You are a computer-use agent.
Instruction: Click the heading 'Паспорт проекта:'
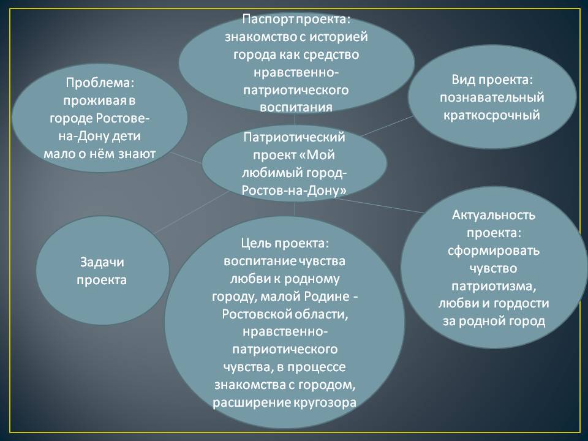tap(296, 19)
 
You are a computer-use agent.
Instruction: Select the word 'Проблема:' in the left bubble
tap(100, 83)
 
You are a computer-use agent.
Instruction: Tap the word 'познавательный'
tap(492, 97)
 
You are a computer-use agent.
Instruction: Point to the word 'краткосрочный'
tap(491, 115)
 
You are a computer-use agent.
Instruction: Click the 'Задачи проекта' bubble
tap(102, 270)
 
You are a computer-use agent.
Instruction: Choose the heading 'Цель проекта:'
tap(285, 243)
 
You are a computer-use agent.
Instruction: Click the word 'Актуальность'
tap(494, 215)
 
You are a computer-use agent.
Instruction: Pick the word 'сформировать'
tap(493, 250)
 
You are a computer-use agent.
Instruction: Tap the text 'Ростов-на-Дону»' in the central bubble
tap(294, 190)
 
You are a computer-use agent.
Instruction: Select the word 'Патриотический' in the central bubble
tap(294, 137)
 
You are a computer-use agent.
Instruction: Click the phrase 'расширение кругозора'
tap(284, 402)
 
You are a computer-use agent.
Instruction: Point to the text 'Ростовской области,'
tap(285, 314)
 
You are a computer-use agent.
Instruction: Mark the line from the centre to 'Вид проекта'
tap(386, 126)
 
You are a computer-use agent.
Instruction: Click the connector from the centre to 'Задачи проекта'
tap(191, 213)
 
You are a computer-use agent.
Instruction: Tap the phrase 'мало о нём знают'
tap(99, 154)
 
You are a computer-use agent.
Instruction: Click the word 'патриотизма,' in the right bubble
tap(494, 286)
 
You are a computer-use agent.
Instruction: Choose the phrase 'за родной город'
tap(494, 321)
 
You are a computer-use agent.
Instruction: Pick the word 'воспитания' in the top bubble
tap(296, 107)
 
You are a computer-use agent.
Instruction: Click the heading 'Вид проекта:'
tap(492, 80)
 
